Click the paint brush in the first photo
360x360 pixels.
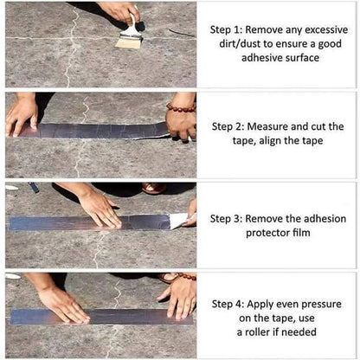(131, 35)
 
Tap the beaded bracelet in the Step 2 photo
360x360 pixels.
(181, 107)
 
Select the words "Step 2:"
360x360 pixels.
(231, 125)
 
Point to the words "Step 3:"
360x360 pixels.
(231, 215)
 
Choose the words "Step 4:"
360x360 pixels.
(231, 304)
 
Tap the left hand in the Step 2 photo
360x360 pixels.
(21, 112)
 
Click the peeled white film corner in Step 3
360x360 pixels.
(177, 221)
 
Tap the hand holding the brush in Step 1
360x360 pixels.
(121, 12)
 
